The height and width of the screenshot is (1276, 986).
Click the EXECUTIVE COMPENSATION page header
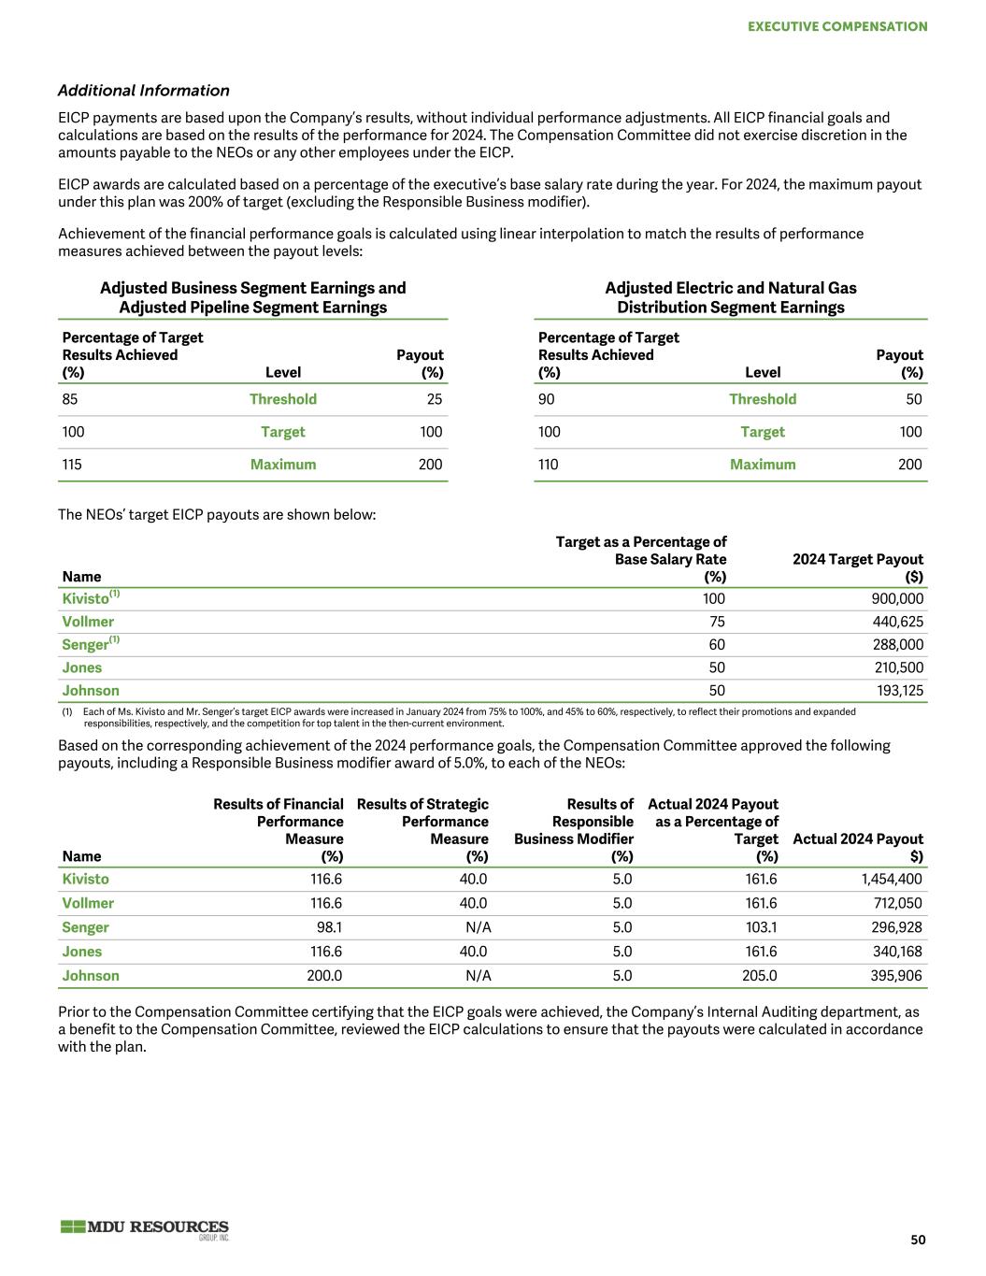(837, 26)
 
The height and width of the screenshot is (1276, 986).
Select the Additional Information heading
(143, 91)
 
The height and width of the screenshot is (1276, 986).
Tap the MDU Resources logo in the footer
(145, 1229)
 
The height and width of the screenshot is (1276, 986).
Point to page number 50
(918, 1240)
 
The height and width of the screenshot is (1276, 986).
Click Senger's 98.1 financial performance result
(329, 927)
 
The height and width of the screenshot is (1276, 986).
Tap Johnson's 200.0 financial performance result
(324, 975)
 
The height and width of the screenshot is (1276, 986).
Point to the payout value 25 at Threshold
(434, 399)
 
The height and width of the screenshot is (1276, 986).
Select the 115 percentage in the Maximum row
(72, 465)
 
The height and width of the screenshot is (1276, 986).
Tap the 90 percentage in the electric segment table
(547, 399)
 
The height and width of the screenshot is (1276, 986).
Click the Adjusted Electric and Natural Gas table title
(730, 297)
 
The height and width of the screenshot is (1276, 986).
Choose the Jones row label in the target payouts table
(82, 667)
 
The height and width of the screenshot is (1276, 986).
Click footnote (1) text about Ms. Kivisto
(467, 717)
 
